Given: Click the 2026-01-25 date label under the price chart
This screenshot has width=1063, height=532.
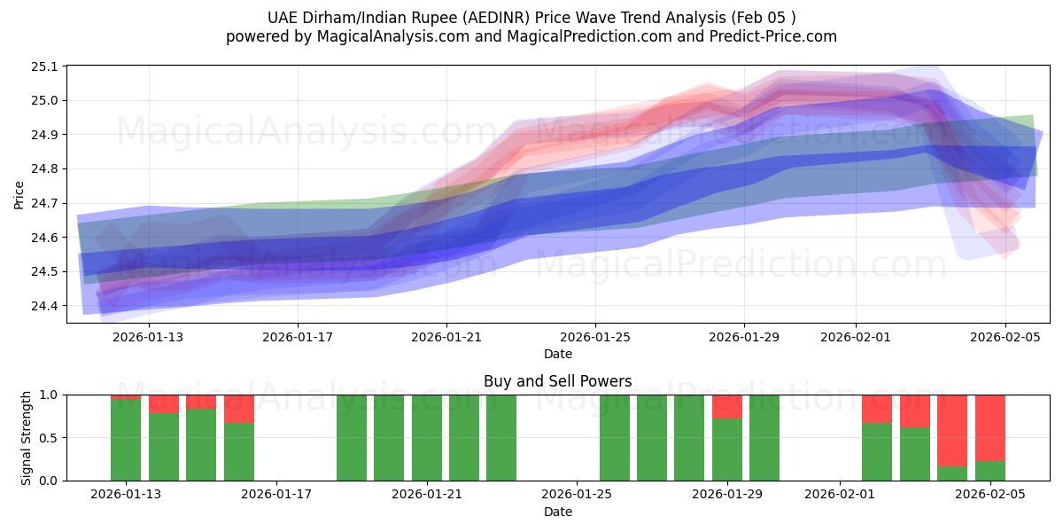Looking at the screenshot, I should pyautogui.click(x=594, y=337).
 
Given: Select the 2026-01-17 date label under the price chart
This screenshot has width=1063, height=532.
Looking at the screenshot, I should pyautogui.click(x=297, y=337).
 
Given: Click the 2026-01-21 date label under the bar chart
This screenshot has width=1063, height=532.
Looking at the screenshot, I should pyautogui.click(x=427, y=495).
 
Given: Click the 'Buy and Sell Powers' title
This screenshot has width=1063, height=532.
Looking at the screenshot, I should pyautogui.click(x=557, y=381).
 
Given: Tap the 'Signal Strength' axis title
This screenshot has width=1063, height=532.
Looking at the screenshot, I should pyautogui.click(x=27, y=437).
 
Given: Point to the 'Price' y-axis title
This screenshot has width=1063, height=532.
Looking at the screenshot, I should pyautogui.click(x=19, y=194).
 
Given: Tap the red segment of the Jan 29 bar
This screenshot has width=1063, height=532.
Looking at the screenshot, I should pyautogui.click(x=727, y=406).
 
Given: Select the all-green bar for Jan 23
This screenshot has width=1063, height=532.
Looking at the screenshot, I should pyautogui.click(x=501, y=438).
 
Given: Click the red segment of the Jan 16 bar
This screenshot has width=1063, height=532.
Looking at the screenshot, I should pyautogui.click(x=239, y=408).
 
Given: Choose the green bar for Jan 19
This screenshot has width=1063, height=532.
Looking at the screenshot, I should pyautogui.click(x=352, y=438).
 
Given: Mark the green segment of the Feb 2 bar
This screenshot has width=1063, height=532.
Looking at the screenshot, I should pyautogui.click(x=877, y=452).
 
